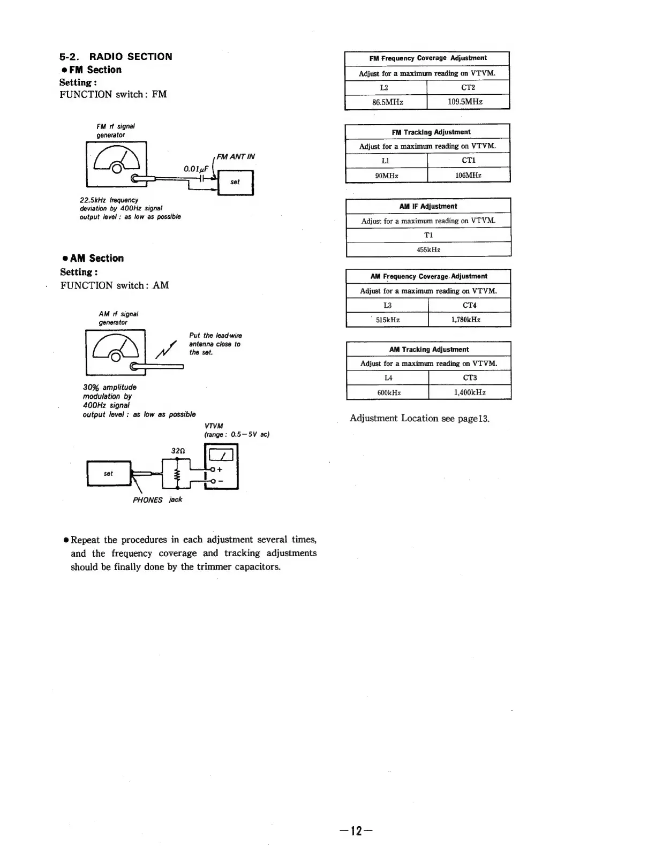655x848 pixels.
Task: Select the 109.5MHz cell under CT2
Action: tap(468, 102)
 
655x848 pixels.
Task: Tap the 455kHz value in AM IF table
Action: tap(428, 249)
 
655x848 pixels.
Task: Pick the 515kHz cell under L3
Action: tap(388, 320)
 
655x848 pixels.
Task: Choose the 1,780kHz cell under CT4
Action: tap(469, 320)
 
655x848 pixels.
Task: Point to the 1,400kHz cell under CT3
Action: tap(470, 392)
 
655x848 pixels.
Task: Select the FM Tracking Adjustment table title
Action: tap(431, 132)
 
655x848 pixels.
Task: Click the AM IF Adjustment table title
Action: tap(428, 206)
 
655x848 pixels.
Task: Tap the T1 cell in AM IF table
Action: tap(428, 235)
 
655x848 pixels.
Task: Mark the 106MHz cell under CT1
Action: tap(468, 175)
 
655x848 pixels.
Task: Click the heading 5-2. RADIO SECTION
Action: tap(116, 57)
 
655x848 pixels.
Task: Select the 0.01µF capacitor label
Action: tap(196, 169)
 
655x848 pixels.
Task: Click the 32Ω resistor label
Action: tap(178, 451)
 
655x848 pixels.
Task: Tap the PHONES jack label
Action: tap(157, 500)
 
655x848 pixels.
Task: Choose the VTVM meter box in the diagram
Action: tap(221, 467)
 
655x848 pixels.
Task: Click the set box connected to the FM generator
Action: tap(235, 183)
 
